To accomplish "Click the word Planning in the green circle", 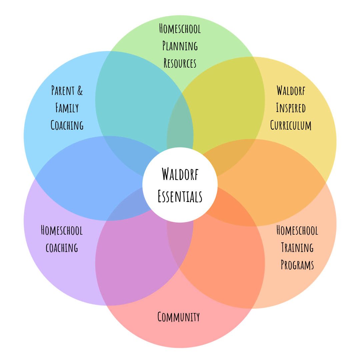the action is point(180,46).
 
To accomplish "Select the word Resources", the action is point(180,63).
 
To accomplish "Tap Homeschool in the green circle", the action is point(180,29).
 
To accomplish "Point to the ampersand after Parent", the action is point(80,90).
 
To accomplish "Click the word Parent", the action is point(63,90).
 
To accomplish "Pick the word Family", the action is point(67,108).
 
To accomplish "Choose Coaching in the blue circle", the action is point(67,125).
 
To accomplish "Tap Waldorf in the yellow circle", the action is point(291,90).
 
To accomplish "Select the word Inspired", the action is point(291,108).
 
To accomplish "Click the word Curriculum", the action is point(291,125).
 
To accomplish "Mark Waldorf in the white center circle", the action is point(180,174).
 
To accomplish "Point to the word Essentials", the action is point(180,196).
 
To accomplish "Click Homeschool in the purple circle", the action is point(62,230).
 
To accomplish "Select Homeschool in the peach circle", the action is point(297,230).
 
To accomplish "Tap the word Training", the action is point(297,247).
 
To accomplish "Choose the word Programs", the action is point(297,265).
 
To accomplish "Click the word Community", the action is point(179,317).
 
